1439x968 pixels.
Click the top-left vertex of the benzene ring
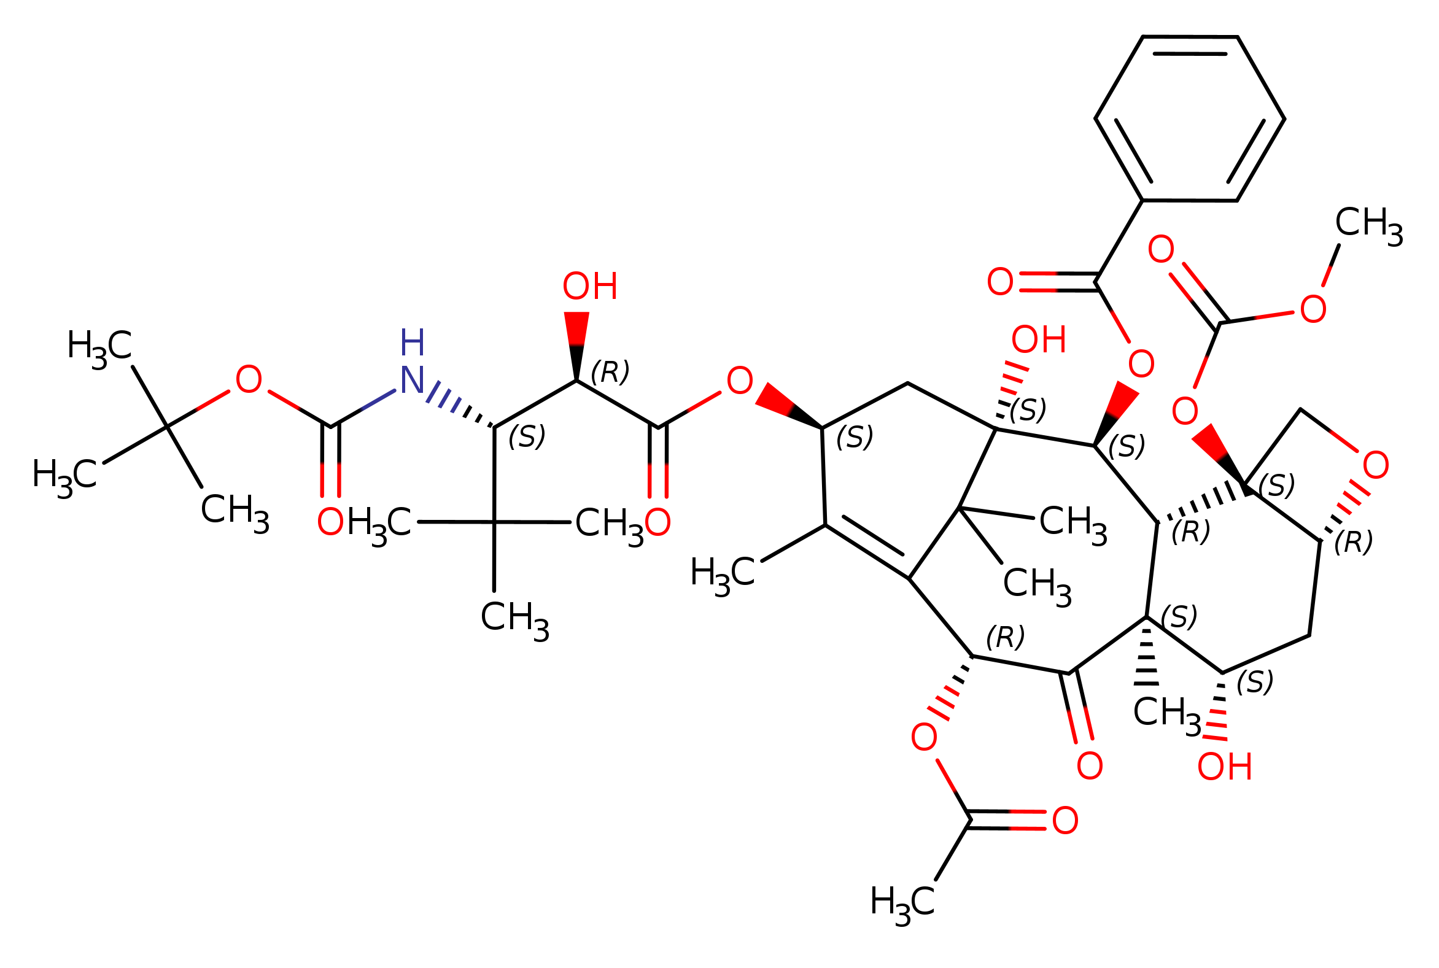coord(1143,37)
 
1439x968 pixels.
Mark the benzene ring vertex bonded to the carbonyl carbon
coord(1142,200)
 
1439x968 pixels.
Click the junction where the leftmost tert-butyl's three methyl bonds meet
coord(167,427)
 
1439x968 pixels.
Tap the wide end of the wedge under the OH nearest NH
coord(576,313)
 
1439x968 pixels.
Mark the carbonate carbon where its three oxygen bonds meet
coord(1219,323)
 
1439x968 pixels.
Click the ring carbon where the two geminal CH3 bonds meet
coord(959,508)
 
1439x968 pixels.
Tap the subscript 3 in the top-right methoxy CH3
coord(1395,238)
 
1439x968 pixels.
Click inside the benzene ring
coord(1190,118)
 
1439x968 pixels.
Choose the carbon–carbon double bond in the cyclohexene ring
coord(867,551)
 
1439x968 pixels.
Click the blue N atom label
coord(412,381)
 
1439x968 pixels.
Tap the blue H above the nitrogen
coord(412,343)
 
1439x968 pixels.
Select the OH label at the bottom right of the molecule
coord(1225,767)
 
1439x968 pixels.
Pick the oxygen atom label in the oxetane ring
coord(1376,465)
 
